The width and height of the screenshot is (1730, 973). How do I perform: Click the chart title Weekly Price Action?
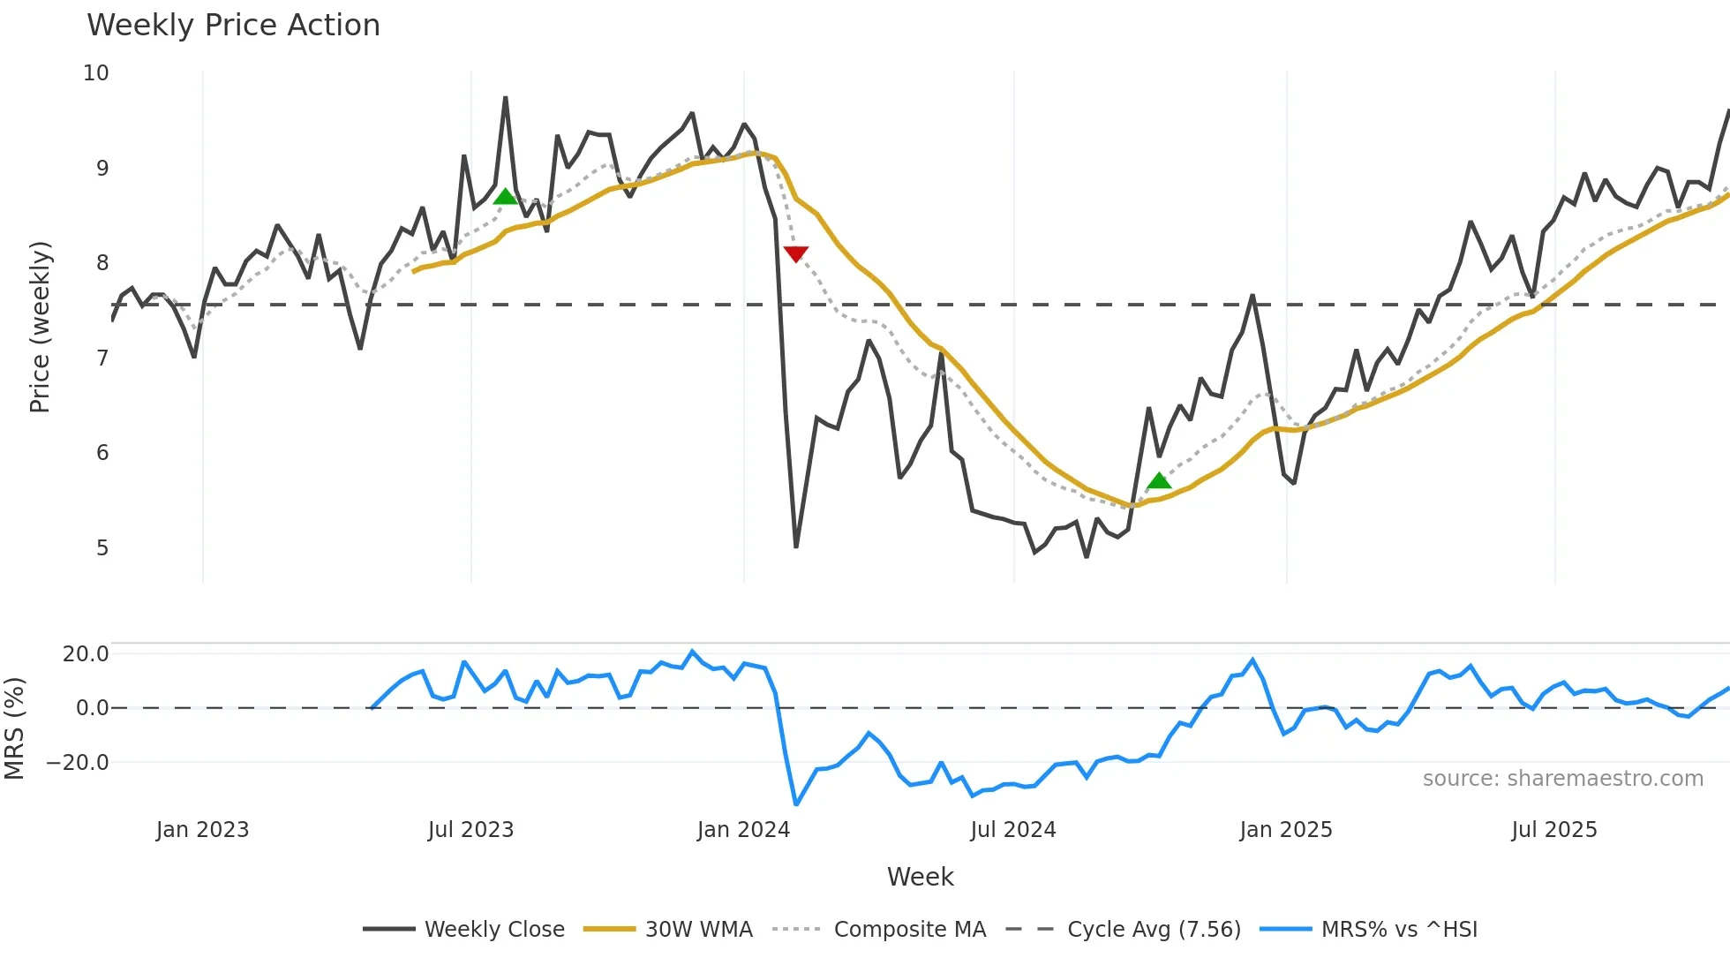(x=233, y=26)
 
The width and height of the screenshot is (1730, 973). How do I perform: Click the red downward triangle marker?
(x=795, y=254)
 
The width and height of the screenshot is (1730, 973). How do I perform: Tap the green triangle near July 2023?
(x=505, y=196)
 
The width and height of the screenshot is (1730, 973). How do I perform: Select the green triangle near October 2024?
(x=1159, y=480)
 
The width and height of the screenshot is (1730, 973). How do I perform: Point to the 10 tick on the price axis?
(x=96, y=73)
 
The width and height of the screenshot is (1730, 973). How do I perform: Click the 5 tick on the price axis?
(x=102, y=548)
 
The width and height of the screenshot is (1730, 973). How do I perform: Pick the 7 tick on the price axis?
(x=102, y=358)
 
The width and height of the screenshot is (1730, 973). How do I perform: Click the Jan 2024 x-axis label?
(x=743, y=830)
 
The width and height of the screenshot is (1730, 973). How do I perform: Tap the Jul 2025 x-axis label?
(x=1553, y=830)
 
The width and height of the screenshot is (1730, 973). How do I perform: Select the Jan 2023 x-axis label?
(x=202, y=830)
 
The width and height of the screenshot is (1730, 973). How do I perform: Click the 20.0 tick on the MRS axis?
(x=86, y=654)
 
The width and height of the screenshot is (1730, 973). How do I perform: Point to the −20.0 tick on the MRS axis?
(x=78, y=763)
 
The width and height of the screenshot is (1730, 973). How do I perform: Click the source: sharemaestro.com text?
(x=1562, y=779)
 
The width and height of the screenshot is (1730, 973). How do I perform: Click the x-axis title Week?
(x=920, y=877)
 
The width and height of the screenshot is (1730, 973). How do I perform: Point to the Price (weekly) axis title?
(x=40, y=327)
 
